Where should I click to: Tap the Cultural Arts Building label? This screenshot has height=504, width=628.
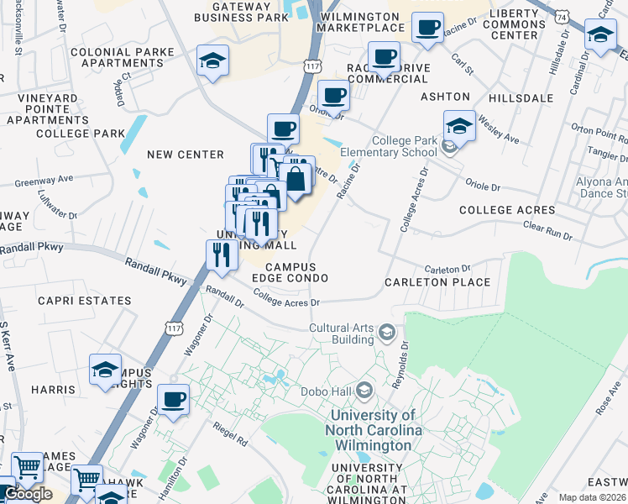tap(342, 334)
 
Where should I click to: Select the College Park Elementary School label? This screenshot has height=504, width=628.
tap(389, 146)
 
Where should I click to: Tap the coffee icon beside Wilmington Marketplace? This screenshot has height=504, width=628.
tap(427, 28)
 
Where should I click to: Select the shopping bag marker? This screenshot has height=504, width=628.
tap(296, 178)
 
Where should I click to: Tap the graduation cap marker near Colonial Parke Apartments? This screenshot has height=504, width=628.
tap(212, 60)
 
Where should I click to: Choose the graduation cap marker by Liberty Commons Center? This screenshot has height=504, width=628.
tap(600, 35)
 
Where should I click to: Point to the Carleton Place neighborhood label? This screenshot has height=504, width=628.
tap(437, 282)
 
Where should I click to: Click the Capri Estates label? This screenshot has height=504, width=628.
tap(85, 301)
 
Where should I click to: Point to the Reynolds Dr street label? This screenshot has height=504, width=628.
tap(399, 364)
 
